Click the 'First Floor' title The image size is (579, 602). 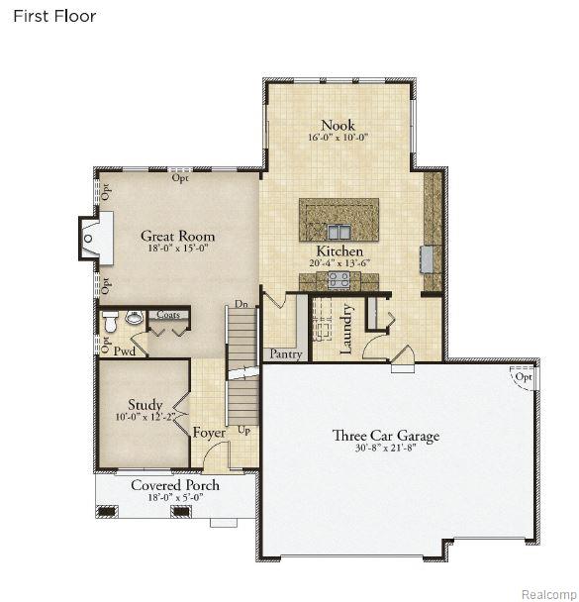coord(54,16)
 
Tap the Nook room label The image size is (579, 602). coord(338,125)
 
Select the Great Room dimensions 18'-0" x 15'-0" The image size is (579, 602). coord(177,248)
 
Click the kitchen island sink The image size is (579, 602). coord(338,232)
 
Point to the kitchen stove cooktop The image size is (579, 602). coord(338,280)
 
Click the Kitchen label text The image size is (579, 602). coord(339,251)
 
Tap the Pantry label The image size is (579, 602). coord(286,353)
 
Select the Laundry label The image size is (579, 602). coord(346,329)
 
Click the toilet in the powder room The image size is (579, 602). coord(111,322)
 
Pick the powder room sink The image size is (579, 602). coord(135,317)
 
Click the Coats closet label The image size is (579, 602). coord(168,315)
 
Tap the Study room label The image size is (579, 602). coord(145,405)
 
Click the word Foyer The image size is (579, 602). coord(209,433)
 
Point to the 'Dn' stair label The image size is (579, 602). coord(241,304)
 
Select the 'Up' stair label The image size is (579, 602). coord(244,431)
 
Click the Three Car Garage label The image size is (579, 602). coord(386,436)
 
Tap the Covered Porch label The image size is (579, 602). coord(175,485)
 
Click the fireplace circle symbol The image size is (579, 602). coord(88,239)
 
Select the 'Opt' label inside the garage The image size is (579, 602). coord(524,376)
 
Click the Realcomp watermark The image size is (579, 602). coord(548,594)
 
